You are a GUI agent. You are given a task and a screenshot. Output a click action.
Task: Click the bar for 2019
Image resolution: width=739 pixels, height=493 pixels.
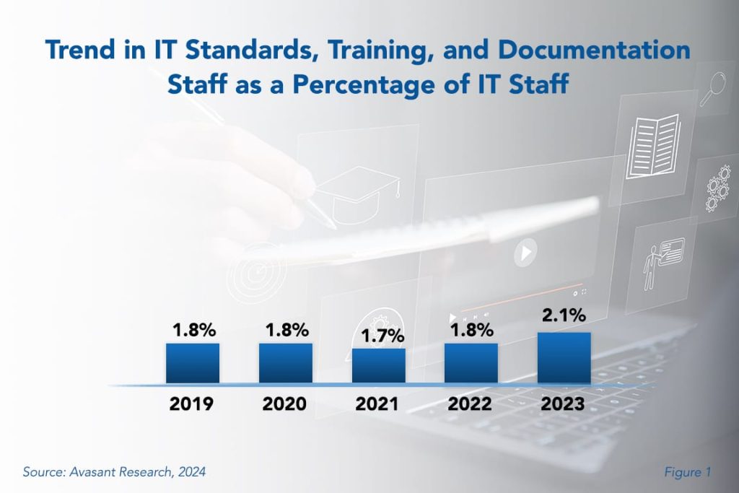coord(192,363)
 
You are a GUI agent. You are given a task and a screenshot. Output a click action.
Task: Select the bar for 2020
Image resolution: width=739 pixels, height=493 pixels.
coord(285,363)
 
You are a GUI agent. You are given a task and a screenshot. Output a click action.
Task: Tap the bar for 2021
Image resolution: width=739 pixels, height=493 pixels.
coord(378,366)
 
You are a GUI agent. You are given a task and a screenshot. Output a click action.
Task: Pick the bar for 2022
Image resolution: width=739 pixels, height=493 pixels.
coord(471,363)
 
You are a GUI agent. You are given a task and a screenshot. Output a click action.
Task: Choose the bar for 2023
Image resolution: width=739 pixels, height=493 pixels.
coord(564,358)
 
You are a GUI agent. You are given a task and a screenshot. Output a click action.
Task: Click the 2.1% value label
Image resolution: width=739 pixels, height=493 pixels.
coord(563,316)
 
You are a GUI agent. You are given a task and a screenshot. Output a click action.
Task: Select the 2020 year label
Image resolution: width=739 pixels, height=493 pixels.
coord(285,403)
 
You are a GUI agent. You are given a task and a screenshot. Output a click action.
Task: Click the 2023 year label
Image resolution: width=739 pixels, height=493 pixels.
coord(564,403)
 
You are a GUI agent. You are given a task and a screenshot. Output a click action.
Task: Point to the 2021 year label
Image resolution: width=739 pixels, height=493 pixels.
coord(377,403)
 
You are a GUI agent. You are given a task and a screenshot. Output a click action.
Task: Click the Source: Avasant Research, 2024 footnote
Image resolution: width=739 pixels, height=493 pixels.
coord(114,472)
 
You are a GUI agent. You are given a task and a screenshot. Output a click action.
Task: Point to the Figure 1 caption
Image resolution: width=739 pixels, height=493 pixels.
coord(688,472)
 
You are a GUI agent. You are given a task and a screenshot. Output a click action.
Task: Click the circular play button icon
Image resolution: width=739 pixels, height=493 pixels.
coord(525,253)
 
